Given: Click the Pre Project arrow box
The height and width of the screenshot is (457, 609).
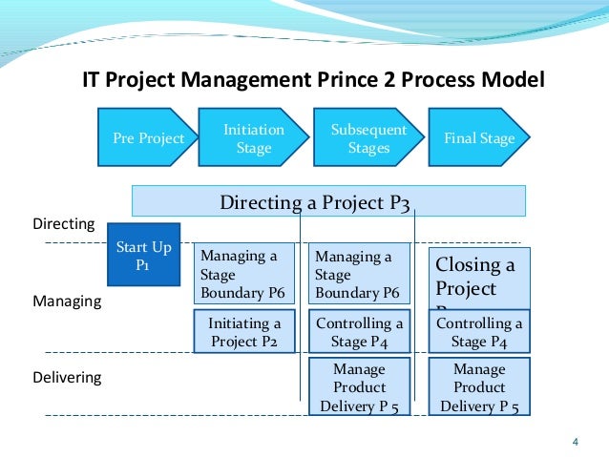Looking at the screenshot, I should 146,138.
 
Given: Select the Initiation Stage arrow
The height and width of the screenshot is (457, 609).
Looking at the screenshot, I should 252,138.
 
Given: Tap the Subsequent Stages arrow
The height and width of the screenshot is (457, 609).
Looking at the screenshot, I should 368,138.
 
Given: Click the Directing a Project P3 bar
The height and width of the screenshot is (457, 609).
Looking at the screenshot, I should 328,201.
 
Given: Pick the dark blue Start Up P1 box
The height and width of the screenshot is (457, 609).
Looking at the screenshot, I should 143,255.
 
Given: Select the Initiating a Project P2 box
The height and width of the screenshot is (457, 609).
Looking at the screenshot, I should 244,332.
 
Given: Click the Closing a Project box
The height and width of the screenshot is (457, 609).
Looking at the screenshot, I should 478,277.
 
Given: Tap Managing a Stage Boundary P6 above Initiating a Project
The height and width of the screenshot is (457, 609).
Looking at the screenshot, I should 244,275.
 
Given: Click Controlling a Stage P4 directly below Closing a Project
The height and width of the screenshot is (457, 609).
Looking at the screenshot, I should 479,332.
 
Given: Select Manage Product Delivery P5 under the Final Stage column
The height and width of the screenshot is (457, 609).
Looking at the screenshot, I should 479,387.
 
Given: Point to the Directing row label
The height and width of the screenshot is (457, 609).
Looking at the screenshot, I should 64,224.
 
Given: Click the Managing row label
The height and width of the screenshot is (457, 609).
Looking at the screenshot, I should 67,301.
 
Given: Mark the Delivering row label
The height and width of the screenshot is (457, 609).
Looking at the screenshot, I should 67,378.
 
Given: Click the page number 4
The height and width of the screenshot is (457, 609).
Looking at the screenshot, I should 575,441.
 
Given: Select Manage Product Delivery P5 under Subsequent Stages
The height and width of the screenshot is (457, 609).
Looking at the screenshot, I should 360,387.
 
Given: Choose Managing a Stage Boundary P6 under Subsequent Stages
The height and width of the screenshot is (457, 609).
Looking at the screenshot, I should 359,275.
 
